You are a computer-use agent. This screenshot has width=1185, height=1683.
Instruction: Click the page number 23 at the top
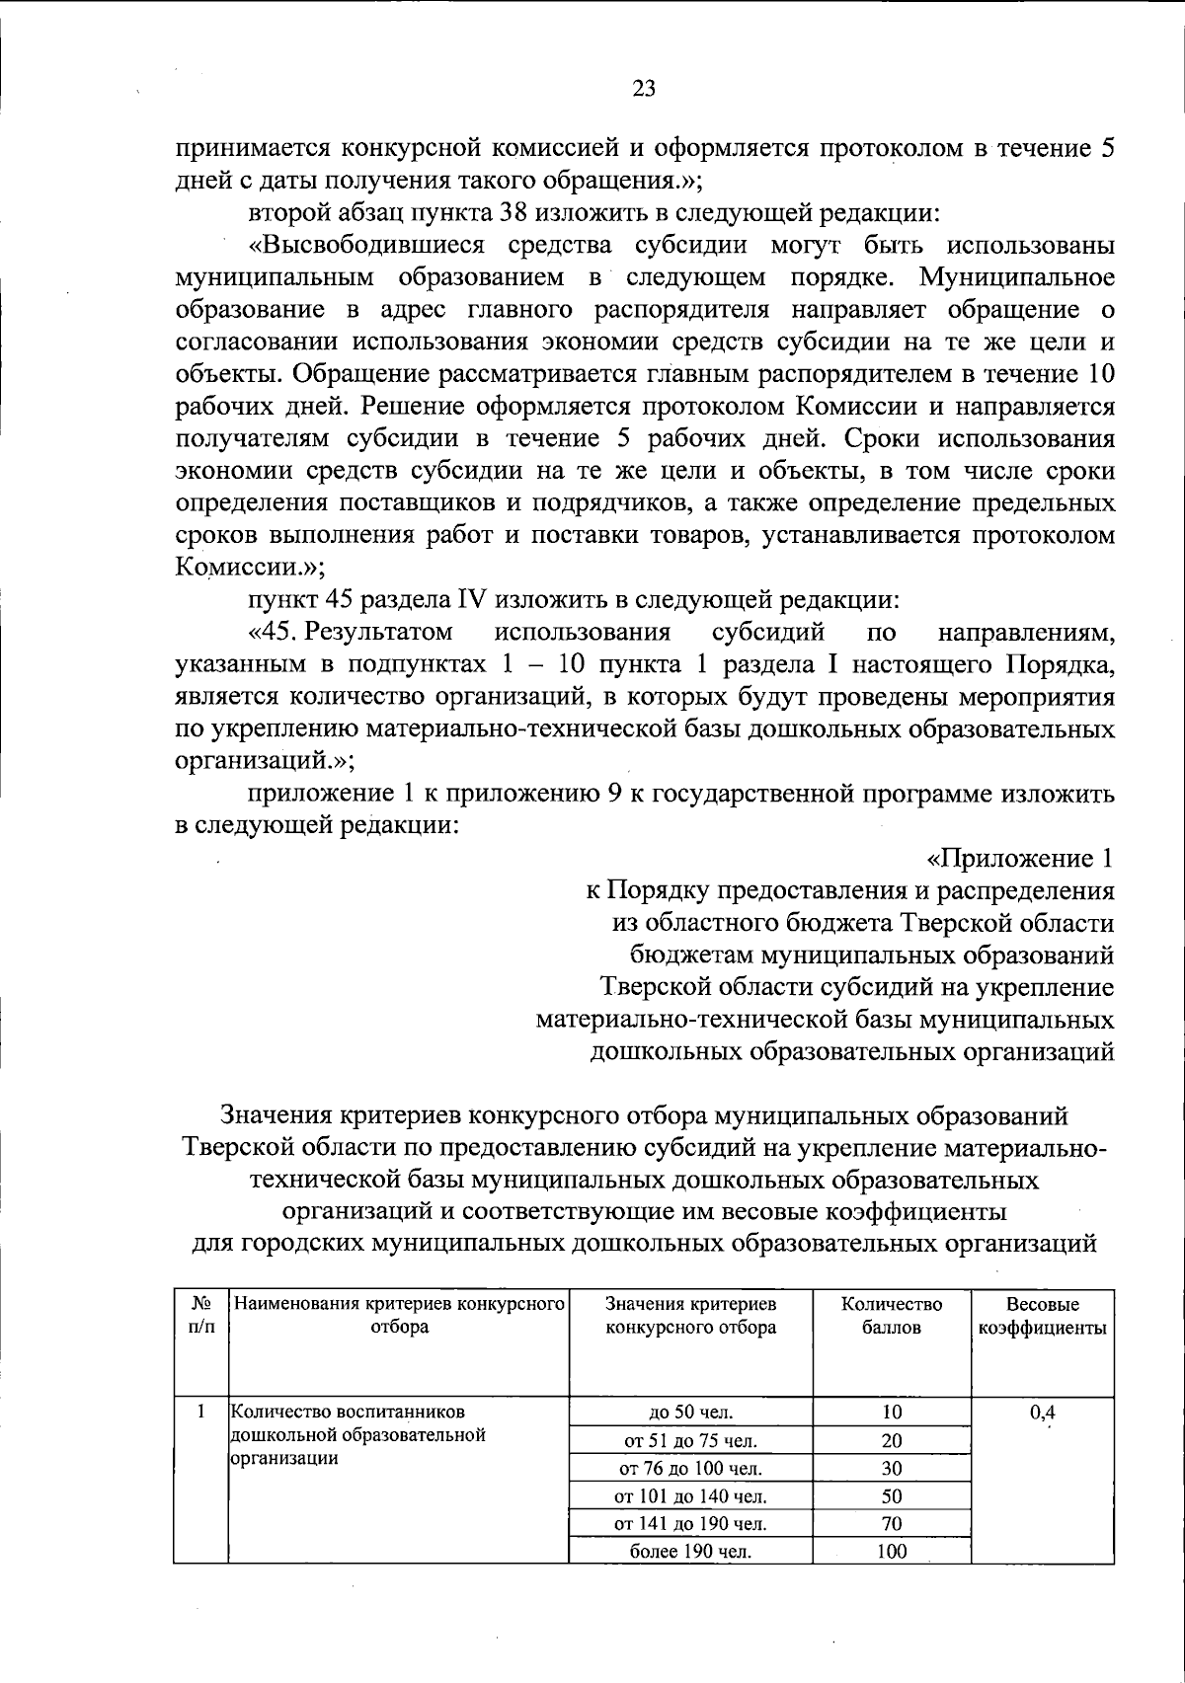pos(643,89)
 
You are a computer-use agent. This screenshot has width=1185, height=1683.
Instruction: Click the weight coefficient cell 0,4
pos(1043,1412)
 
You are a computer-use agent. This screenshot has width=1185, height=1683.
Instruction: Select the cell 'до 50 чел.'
pos(690,1413)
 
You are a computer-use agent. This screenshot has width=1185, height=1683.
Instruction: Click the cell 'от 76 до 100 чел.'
pos(690,1468)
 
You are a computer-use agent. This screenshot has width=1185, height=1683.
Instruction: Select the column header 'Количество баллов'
pos(892,1316)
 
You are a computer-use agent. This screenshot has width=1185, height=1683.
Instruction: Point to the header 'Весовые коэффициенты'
pos(1043,1316)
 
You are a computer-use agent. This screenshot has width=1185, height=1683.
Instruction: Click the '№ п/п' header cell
pos(200,1316)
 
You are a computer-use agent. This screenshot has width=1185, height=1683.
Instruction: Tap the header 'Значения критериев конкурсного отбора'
pos(690,1316)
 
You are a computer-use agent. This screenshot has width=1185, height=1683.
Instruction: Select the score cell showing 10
pos(892,1413)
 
